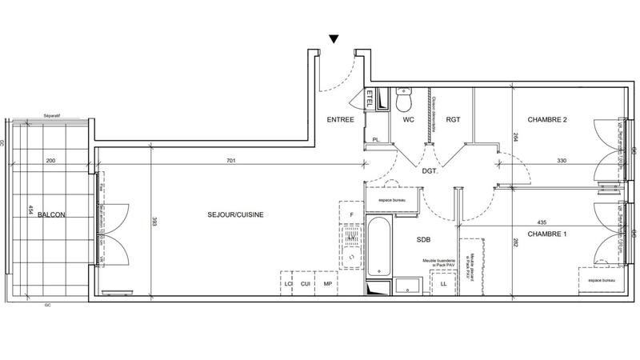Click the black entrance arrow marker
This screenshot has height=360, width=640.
click(x=334, y=39)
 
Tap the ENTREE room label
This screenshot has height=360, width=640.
click(x=341, y=120)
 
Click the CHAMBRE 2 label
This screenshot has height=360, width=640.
click(x=547, y=120)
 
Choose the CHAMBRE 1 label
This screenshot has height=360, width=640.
click(x=547, y=234)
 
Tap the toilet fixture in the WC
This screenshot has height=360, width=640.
click(x=404, y=102)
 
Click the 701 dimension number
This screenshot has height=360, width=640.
click(x=231, y=162)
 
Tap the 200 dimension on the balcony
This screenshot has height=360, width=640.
click(x=50, y=162)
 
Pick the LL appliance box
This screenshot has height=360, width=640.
click(x=442, y=283)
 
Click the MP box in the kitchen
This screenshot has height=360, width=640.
click(x=327, y=283)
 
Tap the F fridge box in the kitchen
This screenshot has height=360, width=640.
click(x=351, y=215)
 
